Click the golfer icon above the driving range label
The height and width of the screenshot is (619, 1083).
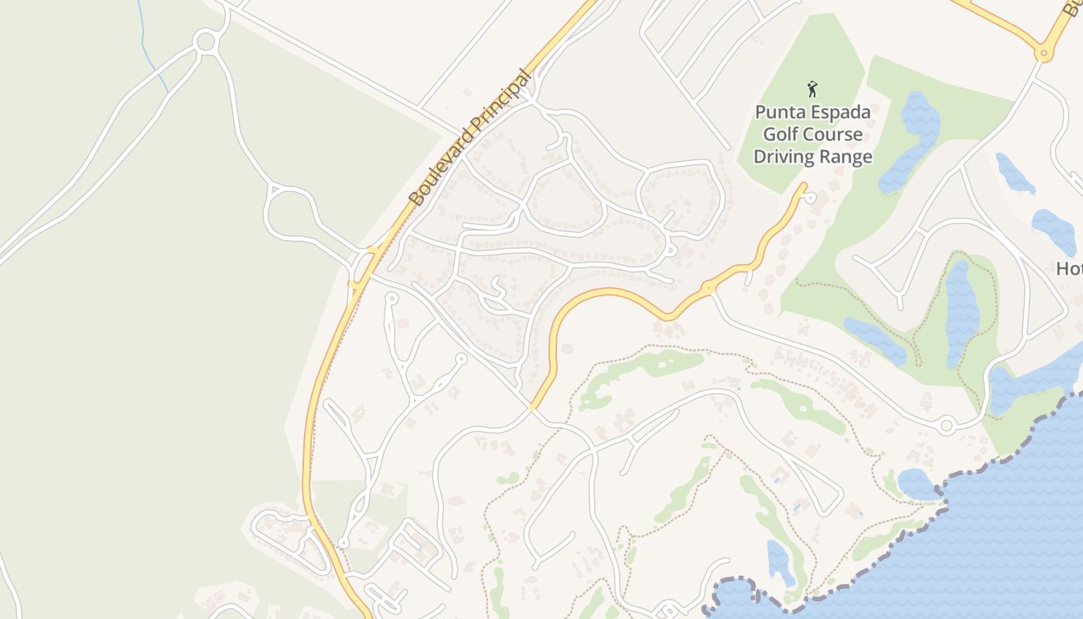coord(812,88)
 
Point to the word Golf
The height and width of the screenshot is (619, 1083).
coord(781,135)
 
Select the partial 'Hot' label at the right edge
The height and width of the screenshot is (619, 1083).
coord(1070,268)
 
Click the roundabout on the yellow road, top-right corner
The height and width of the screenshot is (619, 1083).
coord(1044,54)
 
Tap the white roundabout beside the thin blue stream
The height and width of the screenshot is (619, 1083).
coord(205,42)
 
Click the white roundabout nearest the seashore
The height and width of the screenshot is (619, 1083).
coord(946,425)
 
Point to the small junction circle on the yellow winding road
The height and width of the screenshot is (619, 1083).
coord(708,288)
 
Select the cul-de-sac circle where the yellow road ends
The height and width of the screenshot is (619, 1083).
coord(810,198)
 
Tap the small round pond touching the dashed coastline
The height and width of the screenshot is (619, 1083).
coord(917,484)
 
